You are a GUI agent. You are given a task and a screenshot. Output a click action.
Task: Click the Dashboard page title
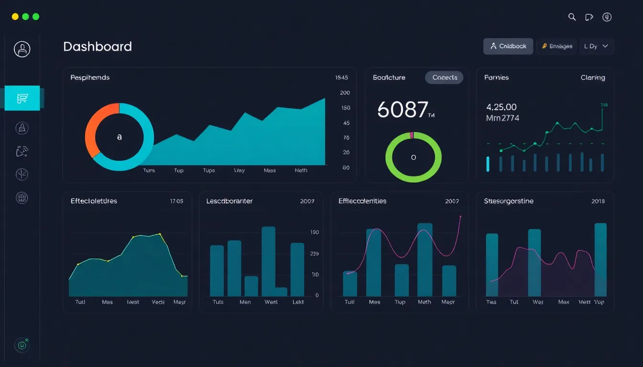point(97,46)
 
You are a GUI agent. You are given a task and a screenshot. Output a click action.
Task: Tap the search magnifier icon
point(572,17)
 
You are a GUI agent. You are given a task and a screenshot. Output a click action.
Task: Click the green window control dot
point(36,17)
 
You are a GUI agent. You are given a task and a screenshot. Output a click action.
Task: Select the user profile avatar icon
point(22,49)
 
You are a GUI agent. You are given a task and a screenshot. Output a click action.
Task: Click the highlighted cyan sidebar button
point(22,98)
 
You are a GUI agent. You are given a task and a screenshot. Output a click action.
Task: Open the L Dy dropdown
point(596,46)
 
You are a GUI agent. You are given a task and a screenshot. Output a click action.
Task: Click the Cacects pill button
point(444,77)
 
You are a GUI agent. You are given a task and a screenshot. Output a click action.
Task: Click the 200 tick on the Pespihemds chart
point(345,93)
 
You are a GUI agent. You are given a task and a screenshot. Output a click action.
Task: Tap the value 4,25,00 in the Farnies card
point(501,107)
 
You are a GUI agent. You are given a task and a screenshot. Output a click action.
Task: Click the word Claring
point(592,77)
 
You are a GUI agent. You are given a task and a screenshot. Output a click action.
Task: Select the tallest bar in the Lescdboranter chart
point(268,258)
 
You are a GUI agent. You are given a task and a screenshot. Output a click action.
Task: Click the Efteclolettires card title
point(94,201)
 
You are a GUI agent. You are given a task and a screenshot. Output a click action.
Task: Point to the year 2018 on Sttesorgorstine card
point(598,201)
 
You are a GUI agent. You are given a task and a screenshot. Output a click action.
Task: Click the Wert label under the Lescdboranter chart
point(271,302)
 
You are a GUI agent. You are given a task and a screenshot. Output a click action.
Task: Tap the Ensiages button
point(557,46)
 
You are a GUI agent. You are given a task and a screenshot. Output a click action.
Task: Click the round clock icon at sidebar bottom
point(22,345)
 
